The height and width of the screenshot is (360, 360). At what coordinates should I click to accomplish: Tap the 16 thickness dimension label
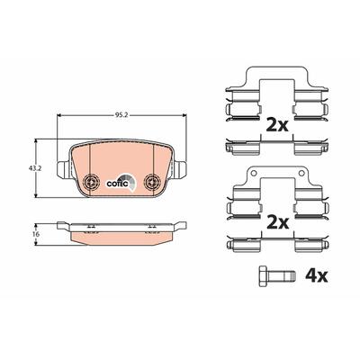coord(37,234)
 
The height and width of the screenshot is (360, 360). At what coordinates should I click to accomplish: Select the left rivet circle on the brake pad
coord(91,181)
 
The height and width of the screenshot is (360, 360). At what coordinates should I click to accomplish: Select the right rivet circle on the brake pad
coord(152,181)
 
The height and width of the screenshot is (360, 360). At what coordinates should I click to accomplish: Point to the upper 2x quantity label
coord(277,125)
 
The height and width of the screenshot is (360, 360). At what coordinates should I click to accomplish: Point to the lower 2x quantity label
coord(277,222)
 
